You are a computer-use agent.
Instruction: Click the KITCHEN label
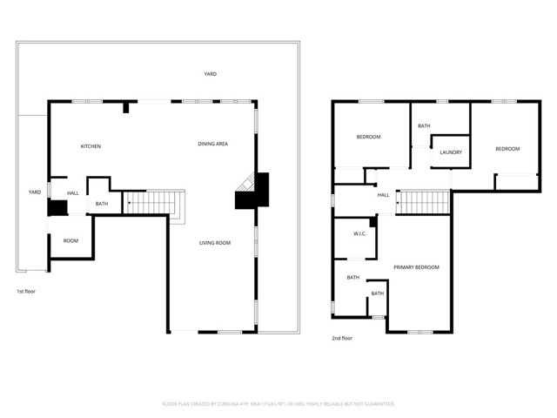(91, 146)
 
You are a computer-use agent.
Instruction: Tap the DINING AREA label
(212, 143)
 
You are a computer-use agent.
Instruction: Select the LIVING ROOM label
(215, 243)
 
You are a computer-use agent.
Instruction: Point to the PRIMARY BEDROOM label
(416, 266)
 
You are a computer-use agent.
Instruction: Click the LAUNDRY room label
(450, 152)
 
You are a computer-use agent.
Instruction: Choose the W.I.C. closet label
(359, 234)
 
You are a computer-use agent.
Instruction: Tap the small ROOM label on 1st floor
(70, 240)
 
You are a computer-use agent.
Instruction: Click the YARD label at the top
(210, 75)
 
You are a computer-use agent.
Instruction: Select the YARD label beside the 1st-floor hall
(35, 192)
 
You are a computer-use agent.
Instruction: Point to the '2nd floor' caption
(342, 338)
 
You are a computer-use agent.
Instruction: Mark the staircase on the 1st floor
(152, 203)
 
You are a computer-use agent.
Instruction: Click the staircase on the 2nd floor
(423, 203)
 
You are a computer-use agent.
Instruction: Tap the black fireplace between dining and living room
(254, 192)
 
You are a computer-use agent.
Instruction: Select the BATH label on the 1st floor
(102, 205)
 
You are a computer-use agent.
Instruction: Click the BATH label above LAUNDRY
(424, 126)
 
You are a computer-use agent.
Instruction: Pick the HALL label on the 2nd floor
(383, 195)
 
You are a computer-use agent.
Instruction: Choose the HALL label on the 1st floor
(73, 193)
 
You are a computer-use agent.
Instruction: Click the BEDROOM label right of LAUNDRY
(507, 149)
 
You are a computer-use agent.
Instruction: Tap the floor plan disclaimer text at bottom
(278, 404)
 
